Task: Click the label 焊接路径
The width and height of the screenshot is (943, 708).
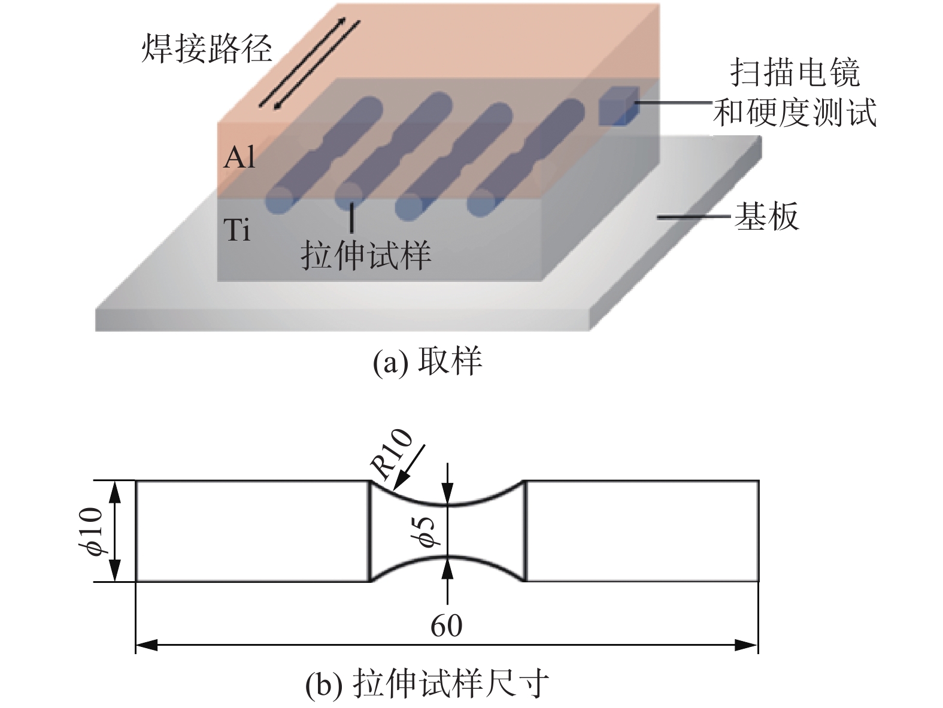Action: [x=207, y=48]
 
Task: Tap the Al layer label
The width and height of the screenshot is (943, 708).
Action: [x=239, y=157]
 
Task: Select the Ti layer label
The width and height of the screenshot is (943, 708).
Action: [x=238, y=230]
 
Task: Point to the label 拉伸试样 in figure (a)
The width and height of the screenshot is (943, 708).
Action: [x=366, y=256]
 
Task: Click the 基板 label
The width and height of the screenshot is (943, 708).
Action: [x=766, y=217]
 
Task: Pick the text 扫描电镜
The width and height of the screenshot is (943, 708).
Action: [x=795, y=73]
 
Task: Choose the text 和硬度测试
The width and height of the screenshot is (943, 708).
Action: [x=795, y=112]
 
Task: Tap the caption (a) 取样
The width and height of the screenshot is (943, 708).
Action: [x=427, y=361]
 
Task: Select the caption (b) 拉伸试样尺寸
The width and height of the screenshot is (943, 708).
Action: [x=426, y=684]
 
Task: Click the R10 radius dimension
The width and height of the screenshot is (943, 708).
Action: [x=392, y=454]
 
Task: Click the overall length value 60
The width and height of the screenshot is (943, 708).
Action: [x=447, y=625]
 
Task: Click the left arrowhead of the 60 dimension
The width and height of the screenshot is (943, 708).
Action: [x=146, y=645]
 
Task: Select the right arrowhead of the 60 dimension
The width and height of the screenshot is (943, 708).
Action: [x=748, y=645]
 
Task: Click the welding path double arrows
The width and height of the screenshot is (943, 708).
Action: [x=310, y=63]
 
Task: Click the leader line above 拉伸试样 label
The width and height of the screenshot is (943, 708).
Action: [x=351, y=218]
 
